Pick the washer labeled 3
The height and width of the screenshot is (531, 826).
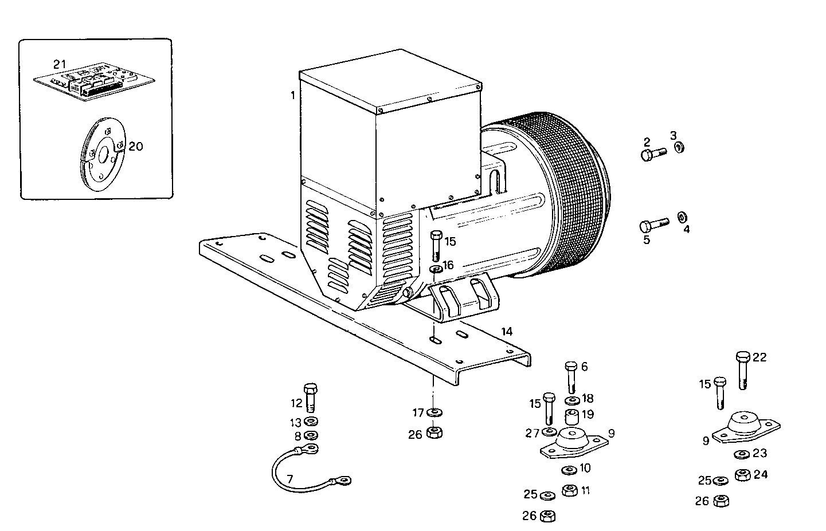679,148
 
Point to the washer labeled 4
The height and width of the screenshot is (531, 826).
682,217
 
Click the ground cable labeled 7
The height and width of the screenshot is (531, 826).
304,470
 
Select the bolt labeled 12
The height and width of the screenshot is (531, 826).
310,396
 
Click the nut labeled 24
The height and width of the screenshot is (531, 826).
743,475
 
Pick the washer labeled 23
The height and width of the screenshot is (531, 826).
741,455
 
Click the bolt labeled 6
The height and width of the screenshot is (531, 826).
570,376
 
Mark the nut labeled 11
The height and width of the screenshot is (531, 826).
569,490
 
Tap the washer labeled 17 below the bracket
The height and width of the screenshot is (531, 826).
434,412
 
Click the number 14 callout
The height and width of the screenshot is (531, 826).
506,332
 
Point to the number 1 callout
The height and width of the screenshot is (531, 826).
292,96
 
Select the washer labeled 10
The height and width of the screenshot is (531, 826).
569,470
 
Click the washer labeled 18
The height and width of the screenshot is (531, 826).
571,400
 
